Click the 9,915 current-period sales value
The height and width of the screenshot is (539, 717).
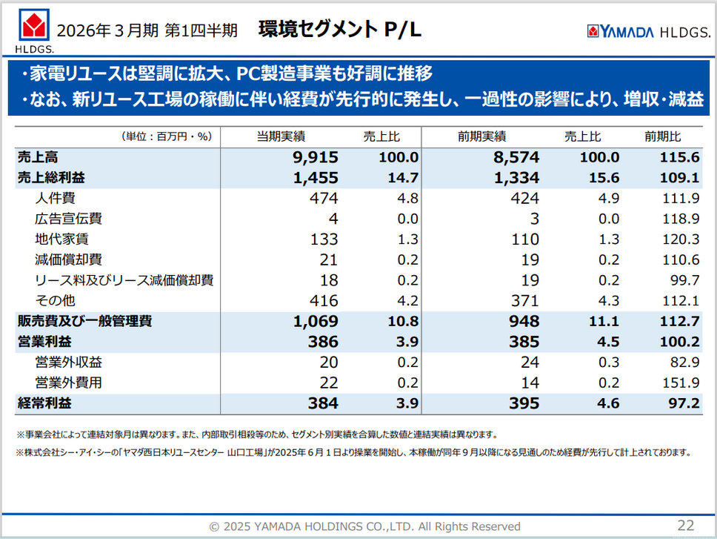click(316, 157)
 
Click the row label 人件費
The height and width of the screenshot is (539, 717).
click(55, 198)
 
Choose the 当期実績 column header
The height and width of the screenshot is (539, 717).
click(281, 136)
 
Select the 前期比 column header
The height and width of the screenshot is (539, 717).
click(662, 136)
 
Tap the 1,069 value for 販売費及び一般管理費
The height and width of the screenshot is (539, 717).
click(316, 321)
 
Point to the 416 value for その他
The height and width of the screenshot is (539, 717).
click(323, 300)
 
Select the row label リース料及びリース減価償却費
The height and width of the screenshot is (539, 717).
click(124, 280)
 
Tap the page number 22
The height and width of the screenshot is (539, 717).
click(685, 525)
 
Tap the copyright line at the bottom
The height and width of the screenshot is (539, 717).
click(364, 526)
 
